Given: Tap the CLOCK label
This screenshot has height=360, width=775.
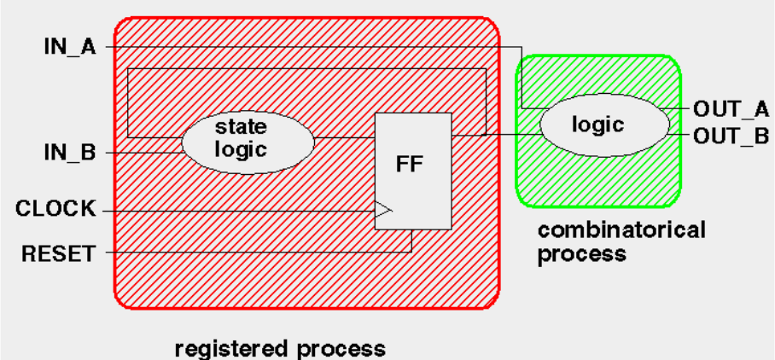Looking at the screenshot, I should click(56, 209).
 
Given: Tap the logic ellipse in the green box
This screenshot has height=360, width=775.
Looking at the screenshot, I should click(604, 125).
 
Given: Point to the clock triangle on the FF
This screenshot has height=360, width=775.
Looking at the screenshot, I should click(383, 209).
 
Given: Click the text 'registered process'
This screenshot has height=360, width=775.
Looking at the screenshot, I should click(280, 348).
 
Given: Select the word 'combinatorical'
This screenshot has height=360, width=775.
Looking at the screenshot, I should click(621, 230).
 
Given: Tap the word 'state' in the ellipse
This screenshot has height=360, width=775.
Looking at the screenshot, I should click(241, 127).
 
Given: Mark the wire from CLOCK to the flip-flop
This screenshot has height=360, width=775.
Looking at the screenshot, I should click(239, 209).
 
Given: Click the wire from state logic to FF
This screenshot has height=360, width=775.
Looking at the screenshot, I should click(345, 136).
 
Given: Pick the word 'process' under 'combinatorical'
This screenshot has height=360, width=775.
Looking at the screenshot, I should click(581, 254).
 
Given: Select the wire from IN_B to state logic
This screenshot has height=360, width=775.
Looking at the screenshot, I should click(145, 153).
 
